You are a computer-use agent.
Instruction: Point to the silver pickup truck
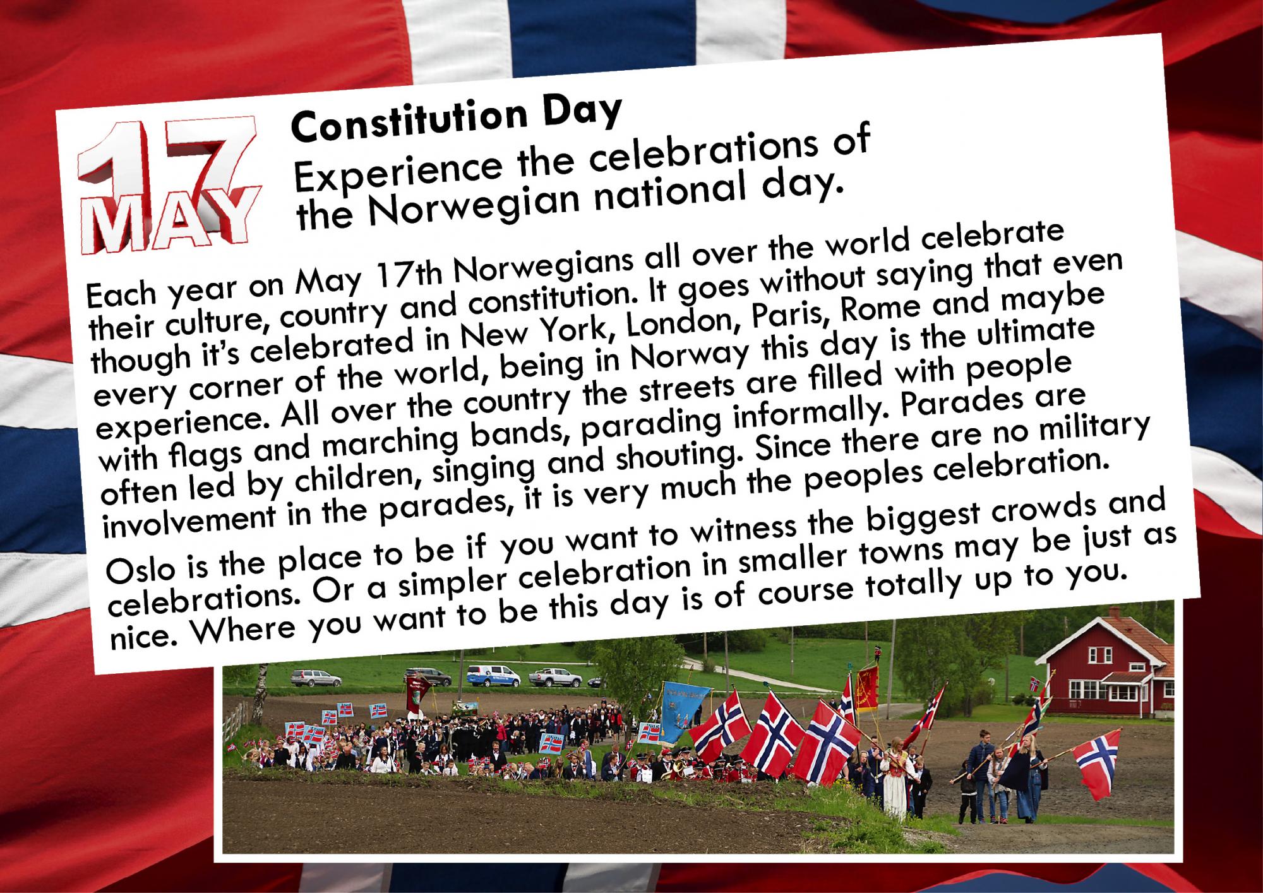coord(554,678)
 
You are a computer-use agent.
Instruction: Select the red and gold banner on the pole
coord(867,690)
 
